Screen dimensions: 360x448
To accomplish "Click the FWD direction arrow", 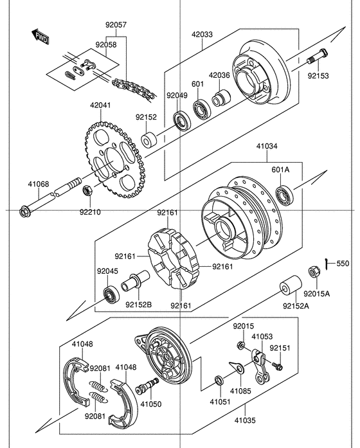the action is (x=40, y=37).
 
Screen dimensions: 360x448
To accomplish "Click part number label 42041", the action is (x=100, y=105).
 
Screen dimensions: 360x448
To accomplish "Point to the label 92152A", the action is (x=296, y=306).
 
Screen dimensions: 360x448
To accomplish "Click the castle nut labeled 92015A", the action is (x=314, y=272).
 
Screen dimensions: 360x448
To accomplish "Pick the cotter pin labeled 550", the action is (x=327, y=263).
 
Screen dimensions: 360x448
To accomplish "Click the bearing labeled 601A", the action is (x=284, y=195).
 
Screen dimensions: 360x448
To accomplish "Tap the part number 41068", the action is (x=39, y=184).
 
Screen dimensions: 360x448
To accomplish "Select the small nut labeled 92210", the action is (x=87, y=190).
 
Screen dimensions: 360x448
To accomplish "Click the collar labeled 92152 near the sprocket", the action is (x=149, y=141).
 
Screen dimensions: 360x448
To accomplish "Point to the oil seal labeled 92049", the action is (x=181, y=120).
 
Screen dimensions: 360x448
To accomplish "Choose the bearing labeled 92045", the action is (x=111, y=295).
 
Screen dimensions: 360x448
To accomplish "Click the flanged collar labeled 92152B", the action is (x=136, y=281).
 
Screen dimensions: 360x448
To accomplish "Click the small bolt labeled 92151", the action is (x=277, y=366).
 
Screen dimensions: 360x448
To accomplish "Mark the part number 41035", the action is (x=245, y=420).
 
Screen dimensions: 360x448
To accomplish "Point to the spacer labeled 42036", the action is (x=221, y=98).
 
